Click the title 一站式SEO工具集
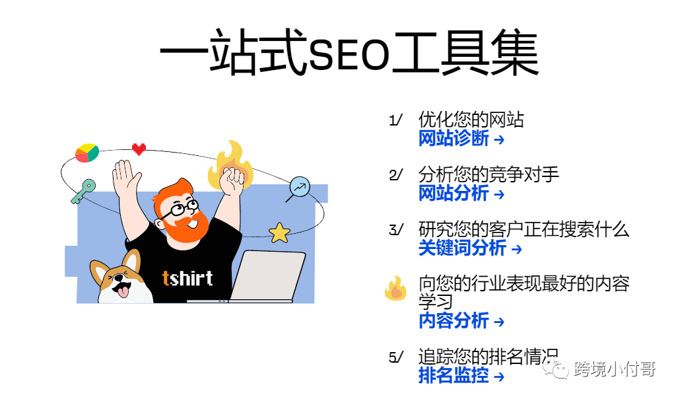(349, 52)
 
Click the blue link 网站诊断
(454, 139)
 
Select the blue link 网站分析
(454, 193)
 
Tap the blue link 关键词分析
(462, 248)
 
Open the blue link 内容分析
(454, 320)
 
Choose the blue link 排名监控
(454, 375)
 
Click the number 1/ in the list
(395, 120)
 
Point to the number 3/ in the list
(395, 229)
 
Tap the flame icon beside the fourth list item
(395, 288)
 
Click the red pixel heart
(139, 149)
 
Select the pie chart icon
(87, 153)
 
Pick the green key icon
(83, 192)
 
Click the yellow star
(280, 233)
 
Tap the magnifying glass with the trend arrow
(299, 187)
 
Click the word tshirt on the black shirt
(187, 278)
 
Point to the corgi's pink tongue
(123, 291)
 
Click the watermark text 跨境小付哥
(615, 369)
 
